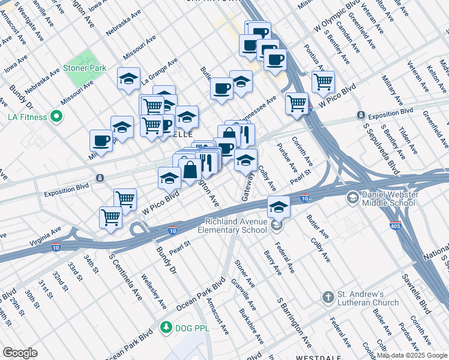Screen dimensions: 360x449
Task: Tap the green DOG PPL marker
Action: pyautogui.click(x=166, y=328)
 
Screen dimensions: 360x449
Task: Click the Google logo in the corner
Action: pyautogui.click(x=20, y=353)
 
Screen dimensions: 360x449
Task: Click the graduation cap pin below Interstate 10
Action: pyautogui.click(x=279, y=206)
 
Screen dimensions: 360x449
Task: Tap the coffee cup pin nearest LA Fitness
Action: pyautogui.click(x=101, y=140)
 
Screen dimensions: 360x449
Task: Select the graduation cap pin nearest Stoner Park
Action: pyautogui.click(x=128, y=79)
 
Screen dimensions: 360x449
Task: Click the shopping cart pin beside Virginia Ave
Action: pyautogui.click(x=111, y=217)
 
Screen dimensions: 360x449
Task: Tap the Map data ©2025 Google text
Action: pyautogui.click(x=411, y=355)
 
